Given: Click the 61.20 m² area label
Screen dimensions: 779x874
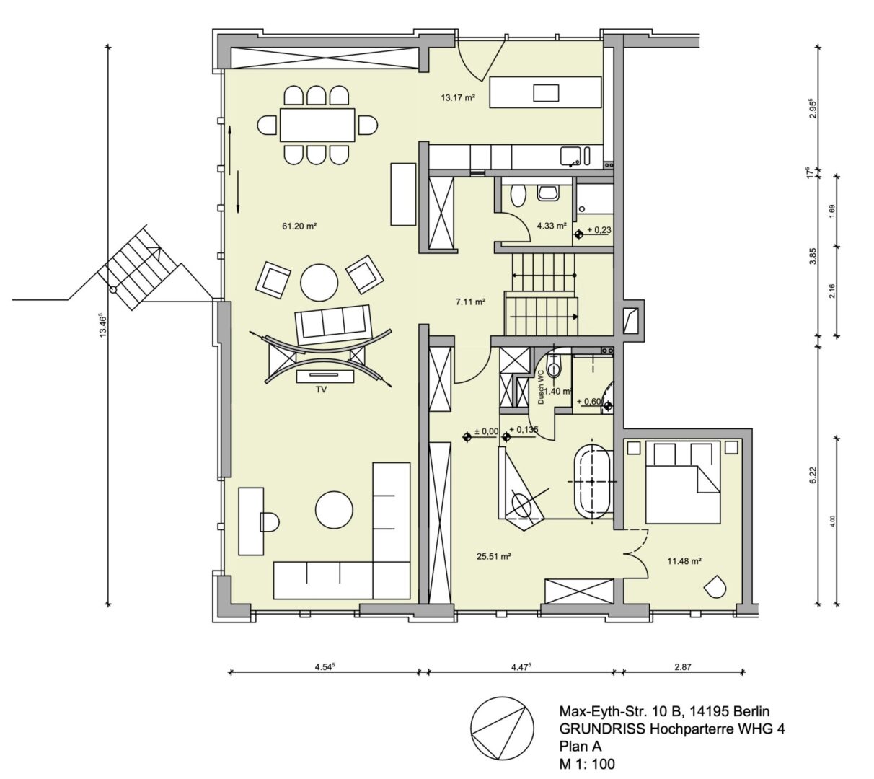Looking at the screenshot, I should (299, 226).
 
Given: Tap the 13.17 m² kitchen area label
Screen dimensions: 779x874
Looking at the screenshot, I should (458, 97).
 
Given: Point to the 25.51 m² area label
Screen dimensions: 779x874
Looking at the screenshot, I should (494, 556).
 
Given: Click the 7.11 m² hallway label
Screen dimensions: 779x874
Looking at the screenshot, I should (469, 302).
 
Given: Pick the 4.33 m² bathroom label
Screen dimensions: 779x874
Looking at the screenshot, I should (552, 226).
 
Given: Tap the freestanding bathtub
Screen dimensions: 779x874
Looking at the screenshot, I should (592, 480).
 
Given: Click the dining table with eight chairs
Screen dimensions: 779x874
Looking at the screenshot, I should (317, 125).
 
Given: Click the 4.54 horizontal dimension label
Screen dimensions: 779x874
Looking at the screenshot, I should (326, 667).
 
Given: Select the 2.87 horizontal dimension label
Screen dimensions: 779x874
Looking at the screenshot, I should (682, 667).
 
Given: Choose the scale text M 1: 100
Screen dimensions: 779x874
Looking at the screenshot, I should (588, 763).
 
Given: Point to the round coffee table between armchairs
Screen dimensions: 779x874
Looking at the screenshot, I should (318, 282).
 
